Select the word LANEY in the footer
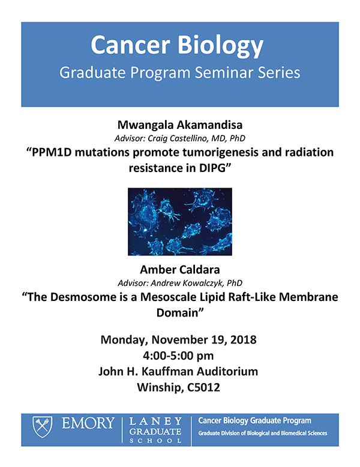pos(156,421)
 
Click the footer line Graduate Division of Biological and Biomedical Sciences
pos(263,434)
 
